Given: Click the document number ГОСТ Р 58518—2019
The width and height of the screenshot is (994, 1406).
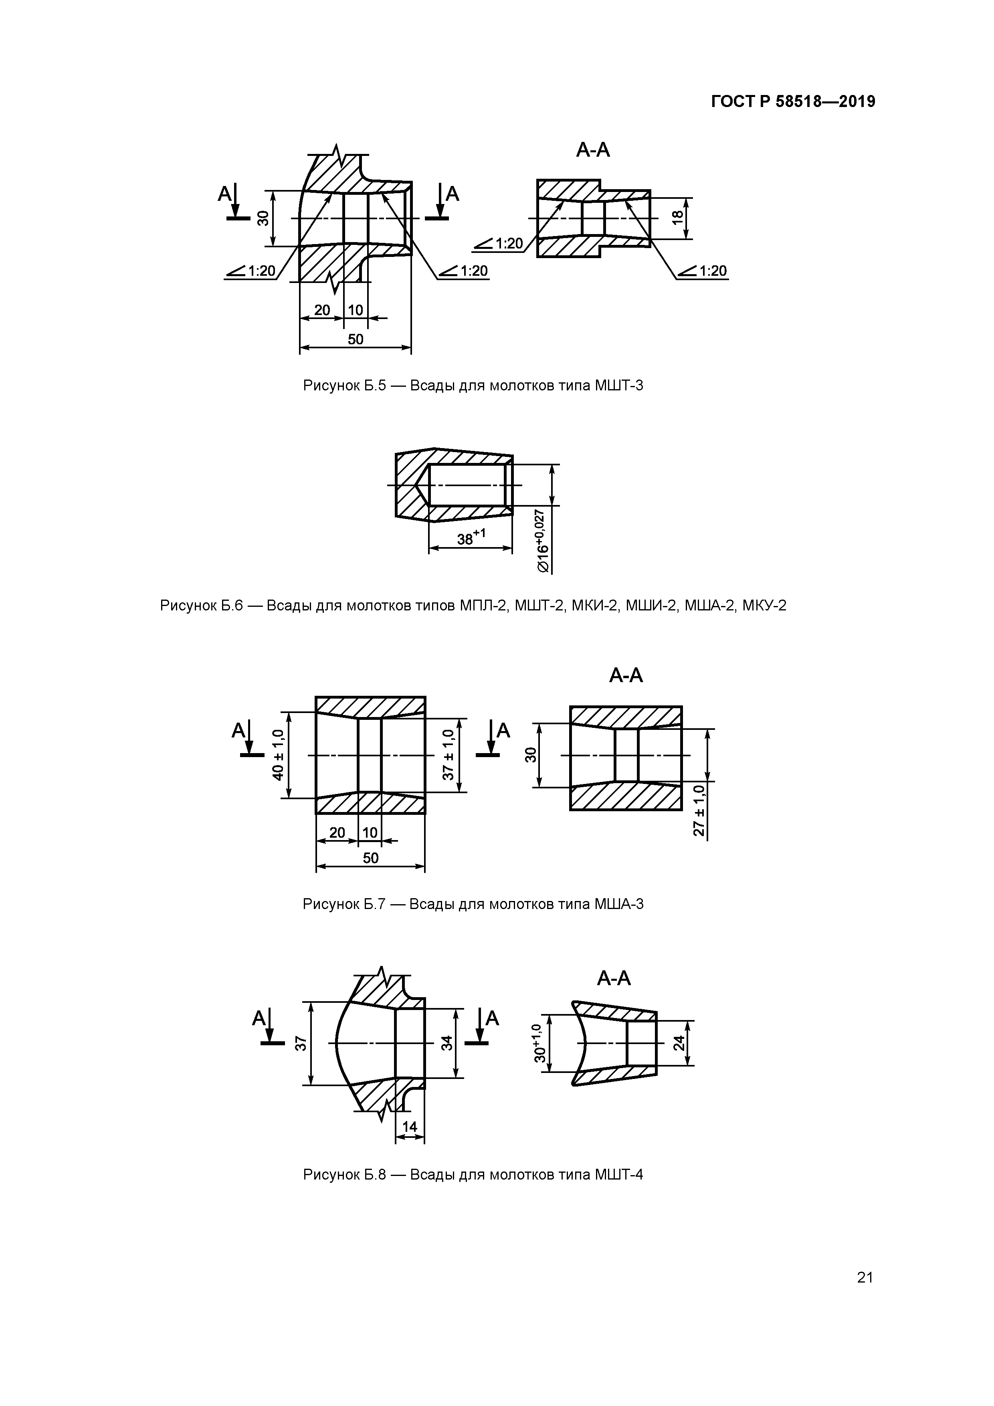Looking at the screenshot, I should [x=793, y=102].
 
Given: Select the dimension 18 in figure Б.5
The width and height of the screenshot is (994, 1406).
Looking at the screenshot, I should [x=677, y=217].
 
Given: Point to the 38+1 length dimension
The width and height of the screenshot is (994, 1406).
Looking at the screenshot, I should [x=471, y=537].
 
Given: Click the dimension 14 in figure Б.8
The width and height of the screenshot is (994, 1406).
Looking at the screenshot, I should [x=409, y=1127].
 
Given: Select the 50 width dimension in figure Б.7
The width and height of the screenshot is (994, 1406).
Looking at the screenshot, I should [x=370, y=858].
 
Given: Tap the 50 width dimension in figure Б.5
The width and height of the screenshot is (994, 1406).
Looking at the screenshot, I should [x=355, y=339].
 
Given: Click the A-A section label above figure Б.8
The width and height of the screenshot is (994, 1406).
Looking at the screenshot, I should [x=614, y=979].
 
